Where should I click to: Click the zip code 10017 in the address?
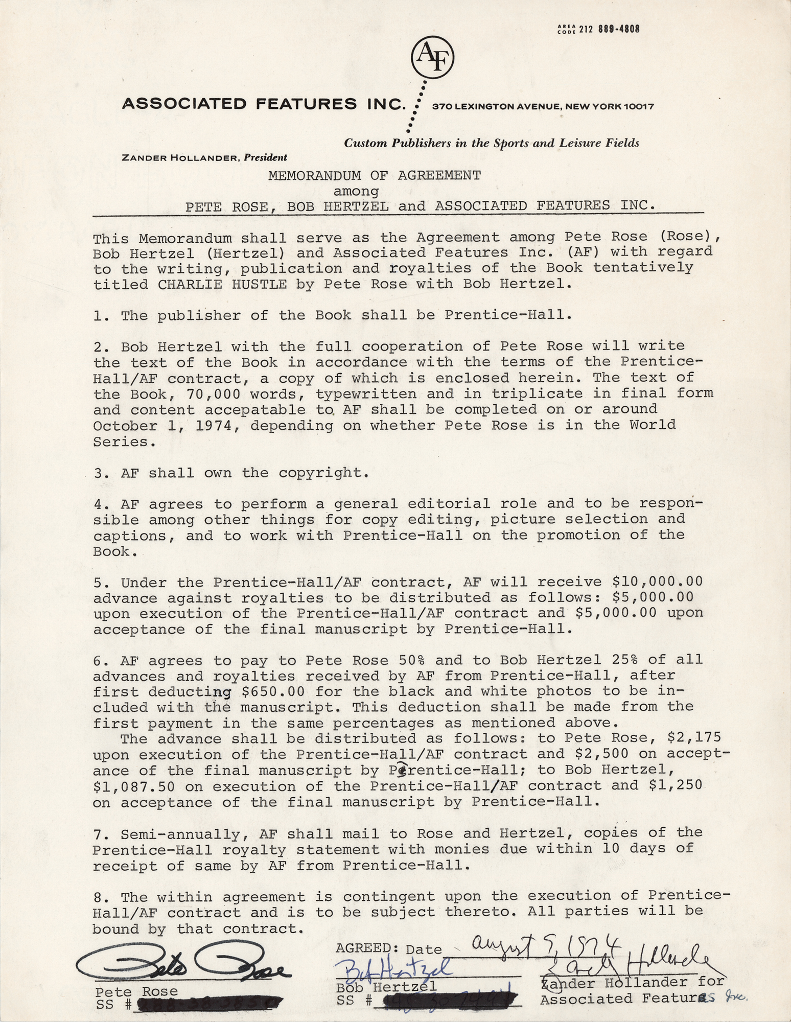point(638,107)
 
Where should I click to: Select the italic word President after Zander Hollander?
point(265,158)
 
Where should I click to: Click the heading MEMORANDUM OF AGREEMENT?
point(375,176)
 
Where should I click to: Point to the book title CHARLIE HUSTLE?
point(222,284)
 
